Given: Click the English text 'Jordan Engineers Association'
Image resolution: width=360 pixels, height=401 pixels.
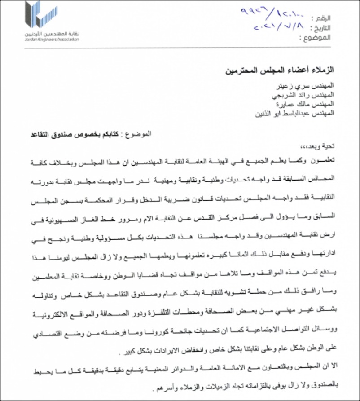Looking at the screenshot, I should [53, 40].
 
